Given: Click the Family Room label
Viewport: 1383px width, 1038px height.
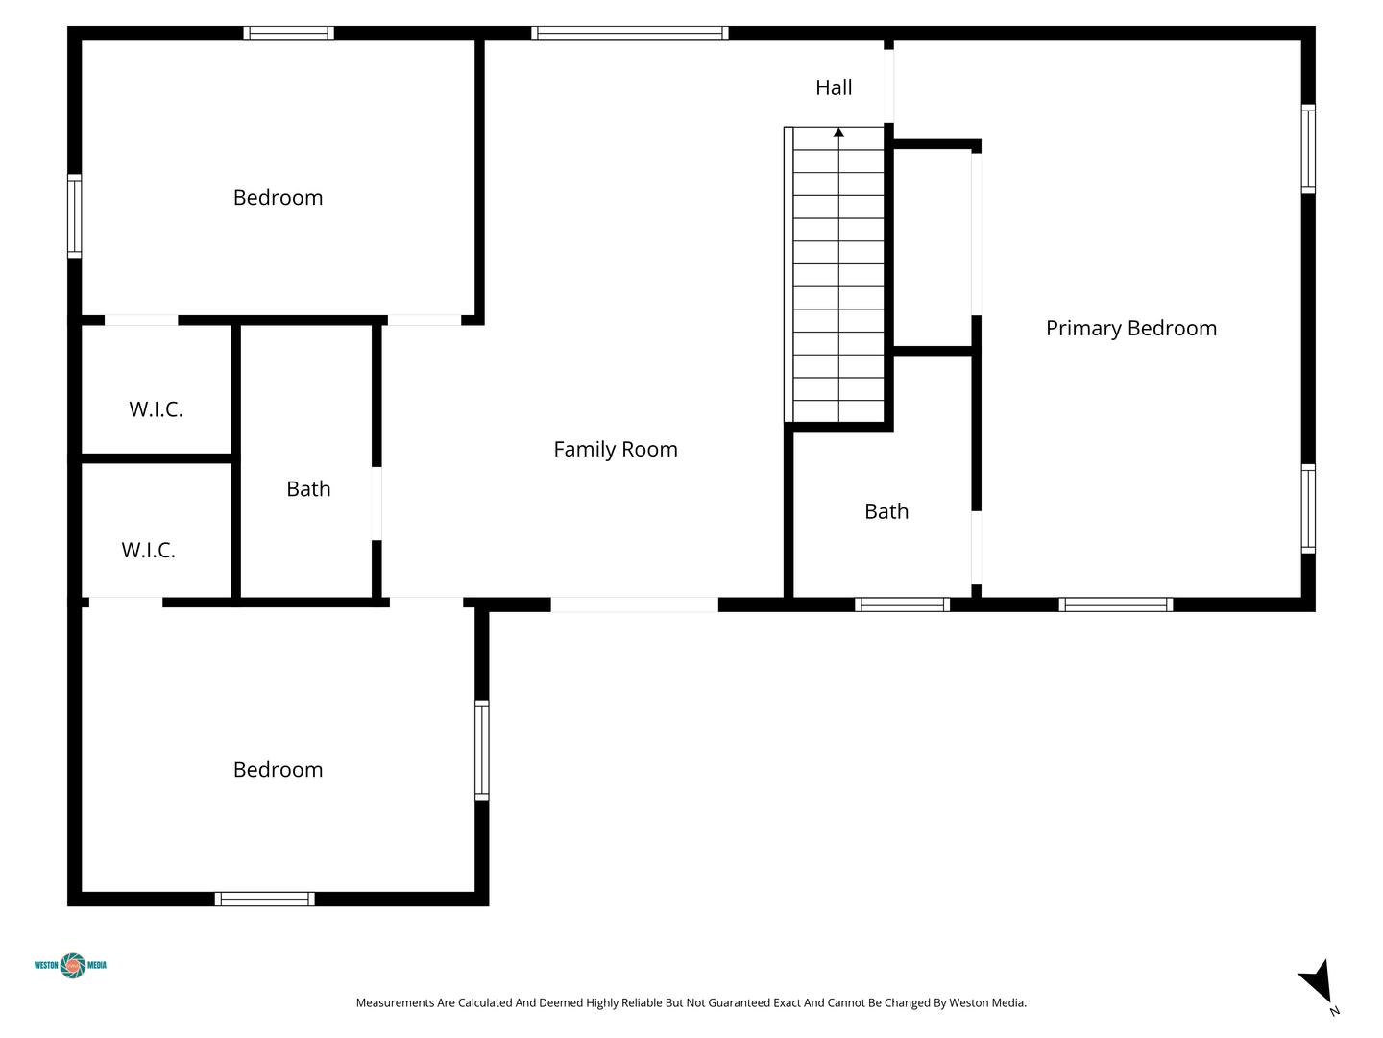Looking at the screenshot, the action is click(x=616, y=450).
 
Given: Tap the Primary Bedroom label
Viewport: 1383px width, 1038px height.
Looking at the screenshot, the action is click(x=1131, y=329).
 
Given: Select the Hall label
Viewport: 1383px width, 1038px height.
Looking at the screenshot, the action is click(x=834, y=87).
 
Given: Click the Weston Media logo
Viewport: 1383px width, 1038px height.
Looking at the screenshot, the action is click(x=70, y=965).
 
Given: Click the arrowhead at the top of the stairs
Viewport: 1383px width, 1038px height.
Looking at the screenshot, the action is click(x=838, y=133).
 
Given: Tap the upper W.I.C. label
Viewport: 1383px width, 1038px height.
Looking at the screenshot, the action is click(x=156, y=409).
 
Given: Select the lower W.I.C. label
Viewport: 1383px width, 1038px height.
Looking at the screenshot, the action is click(x=148, y=550).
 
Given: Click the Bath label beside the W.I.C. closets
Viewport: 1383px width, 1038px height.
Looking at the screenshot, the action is click(x=308, y=489).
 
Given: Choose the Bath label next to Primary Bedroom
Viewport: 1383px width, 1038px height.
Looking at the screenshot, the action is click(x=886, y=511).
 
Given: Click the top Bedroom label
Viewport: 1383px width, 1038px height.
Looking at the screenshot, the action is click(x=278, y=198).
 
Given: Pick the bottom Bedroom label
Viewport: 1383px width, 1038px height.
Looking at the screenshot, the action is click(x=278, y=770).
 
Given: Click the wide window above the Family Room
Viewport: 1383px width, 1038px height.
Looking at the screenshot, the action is click(x=629, y=34).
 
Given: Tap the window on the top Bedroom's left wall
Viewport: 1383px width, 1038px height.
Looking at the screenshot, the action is click(x=74, y=215).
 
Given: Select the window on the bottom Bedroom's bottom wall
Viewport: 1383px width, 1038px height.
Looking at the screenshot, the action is click(x=265, y=899).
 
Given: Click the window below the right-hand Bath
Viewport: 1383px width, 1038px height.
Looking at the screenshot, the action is click(x=902, y=605).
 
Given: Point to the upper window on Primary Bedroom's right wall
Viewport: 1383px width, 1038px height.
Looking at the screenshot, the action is click(x=1308, y=149).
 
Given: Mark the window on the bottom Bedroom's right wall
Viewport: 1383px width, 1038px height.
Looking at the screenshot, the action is click(x=482, y=750).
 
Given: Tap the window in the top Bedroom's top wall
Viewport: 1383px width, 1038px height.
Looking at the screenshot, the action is click(x=288, y=34).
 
